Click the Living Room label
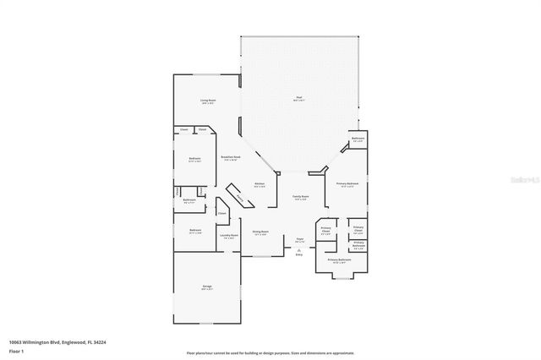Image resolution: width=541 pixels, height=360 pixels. tap(207, 101)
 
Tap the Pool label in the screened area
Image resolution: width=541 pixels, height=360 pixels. tap(299, 98)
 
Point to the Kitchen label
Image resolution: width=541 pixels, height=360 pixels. tap(260, 185)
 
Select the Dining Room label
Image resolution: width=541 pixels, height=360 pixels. tap(260, 232)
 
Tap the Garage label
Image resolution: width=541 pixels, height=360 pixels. tap(206, 287)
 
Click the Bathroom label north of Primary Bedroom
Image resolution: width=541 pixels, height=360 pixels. tap(358, 139)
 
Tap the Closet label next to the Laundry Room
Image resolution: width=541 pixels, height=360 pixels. tap(221, 213)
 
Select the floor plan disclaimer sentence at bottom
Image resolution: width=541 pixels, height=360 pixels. tap(270, 352)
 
